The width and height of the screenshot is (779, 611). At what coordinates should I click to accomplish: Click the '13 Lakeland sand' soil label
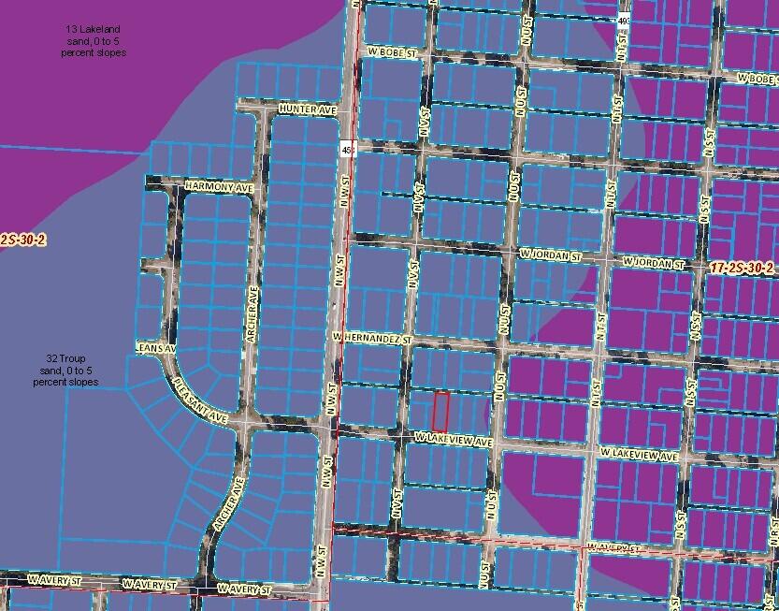point(90,42)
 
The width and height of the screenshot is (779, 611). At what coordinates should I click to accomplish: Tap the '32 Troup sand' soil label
point(65,370)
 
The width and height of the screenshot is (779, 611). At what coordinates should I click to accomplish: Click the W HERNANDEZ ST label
point(371,335)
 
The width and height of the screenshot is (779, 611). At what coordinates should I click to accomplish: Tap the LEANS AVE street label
point(155,347)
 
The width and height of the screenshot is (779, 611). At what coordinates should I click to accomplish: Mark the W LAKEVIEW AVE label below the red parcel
point(454,440)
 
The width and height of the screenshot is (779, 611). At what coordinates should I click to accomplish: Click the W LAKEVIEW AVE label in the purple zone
point(639,454)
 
